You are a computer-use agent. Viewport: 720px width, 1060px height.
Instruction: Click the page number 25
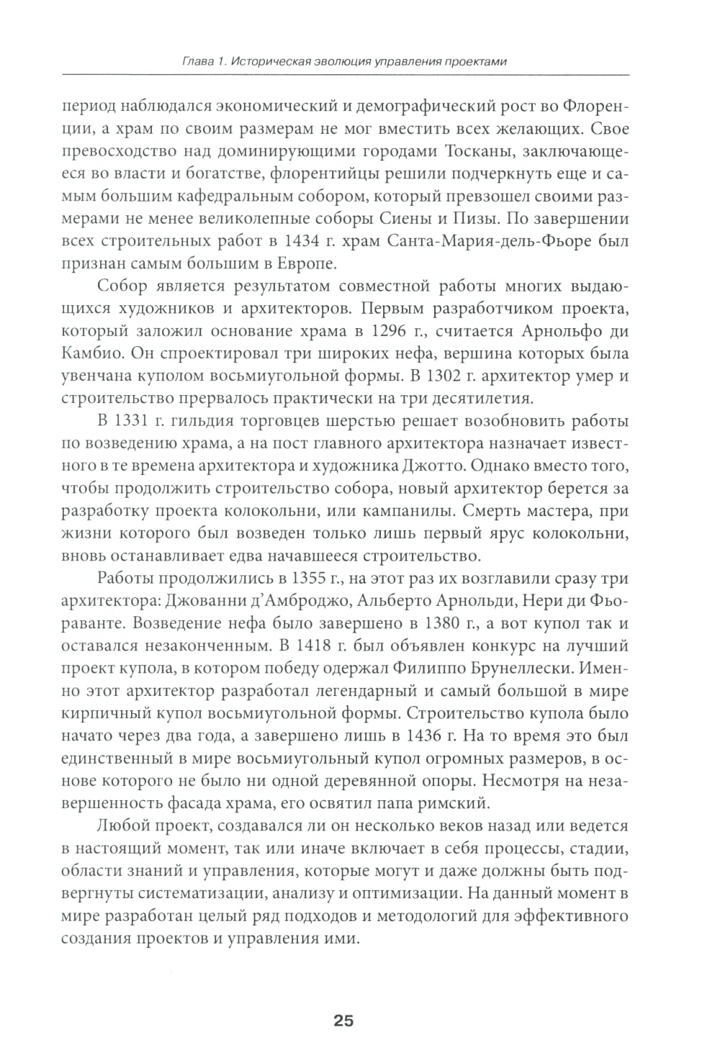coord(343,1020)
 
